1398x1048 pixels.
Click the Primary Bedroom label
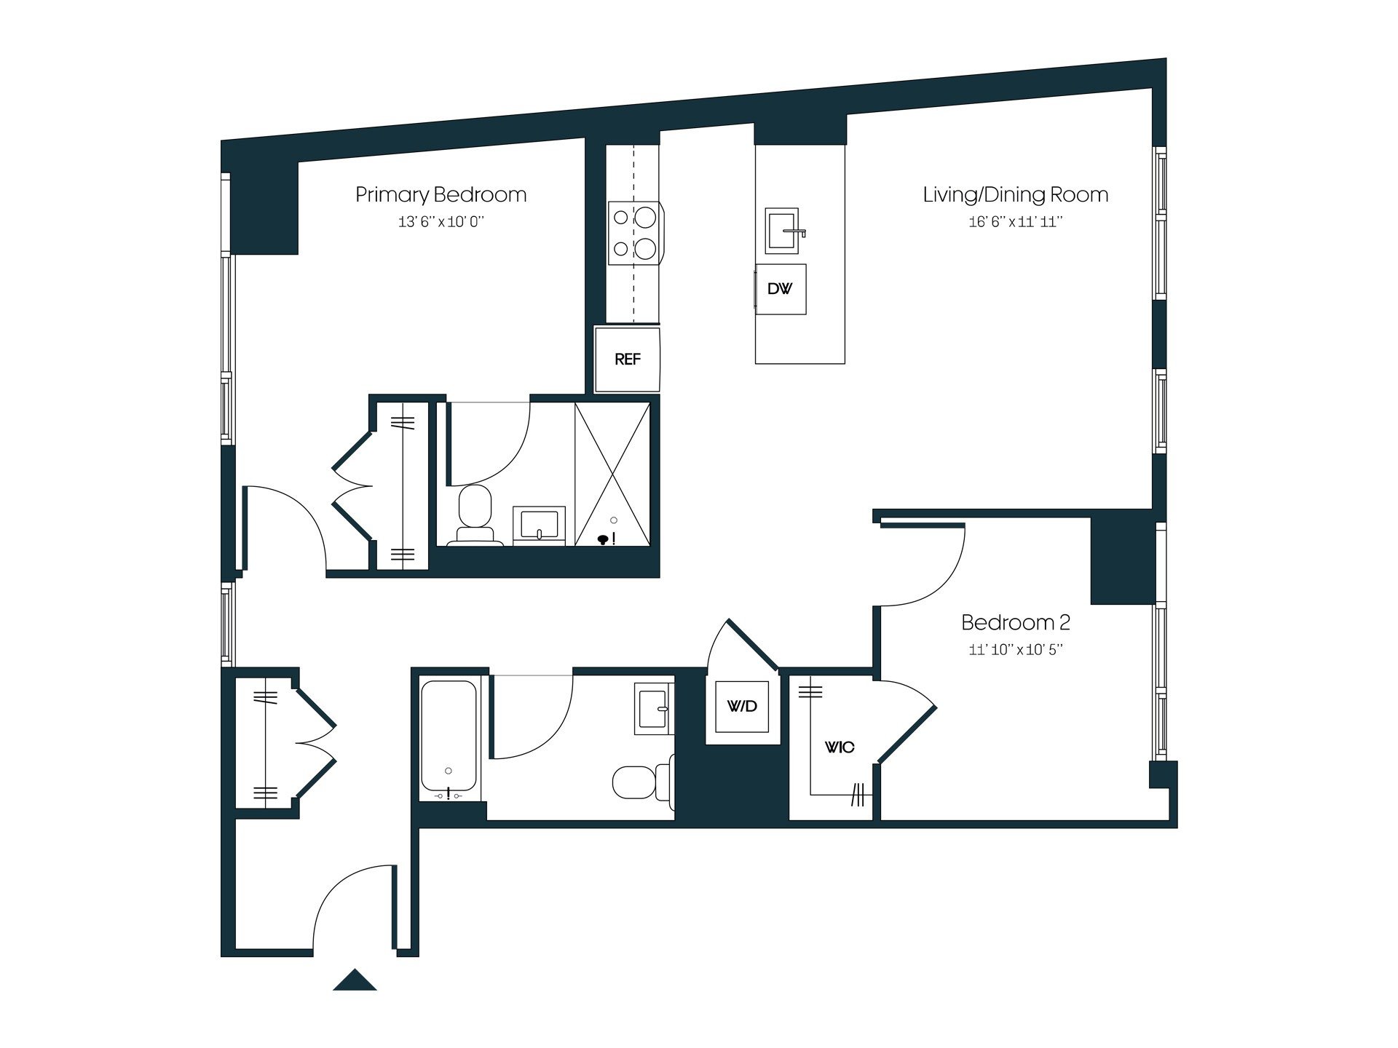coord(441,195)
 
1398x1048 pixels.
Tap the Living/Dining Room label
coord(1015,195)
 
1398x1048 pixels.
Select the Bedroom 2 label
coord(1015,623)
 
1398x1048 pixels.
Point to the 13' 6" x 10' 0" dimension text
coord(441,222)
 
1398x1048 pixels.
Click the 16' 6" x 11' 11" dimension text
coord(1015,222)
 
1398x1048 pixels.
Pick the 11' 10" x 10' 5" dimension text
coord(1015,650)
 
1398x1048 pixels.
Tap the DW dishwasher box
coord(780,289)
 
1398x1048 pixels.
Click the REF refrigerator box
coord(627,360)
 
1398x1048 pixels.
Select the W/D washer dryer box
coord(742,706)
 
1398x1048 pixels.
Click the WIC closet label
coord(839,747)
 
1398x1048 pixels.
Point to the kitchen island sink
coord(782,231)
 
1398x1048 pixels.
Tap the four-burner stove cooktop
coord(634,233)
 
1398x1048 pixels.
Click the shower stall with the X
coord(612,473)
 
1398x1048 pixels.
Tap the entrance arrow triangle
coord(355,980)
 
